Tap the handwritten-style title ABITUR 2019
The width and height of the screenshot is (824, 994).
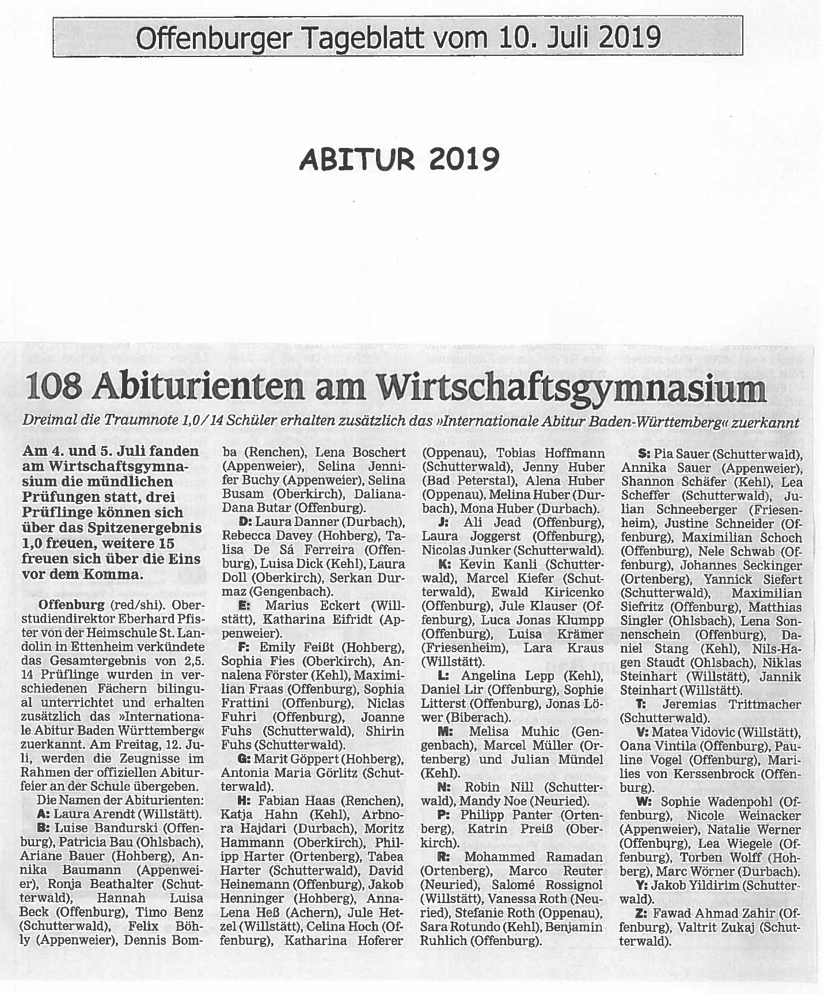(399, 159)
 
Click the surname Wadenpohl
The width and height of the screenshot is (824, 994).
(742, 802)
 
